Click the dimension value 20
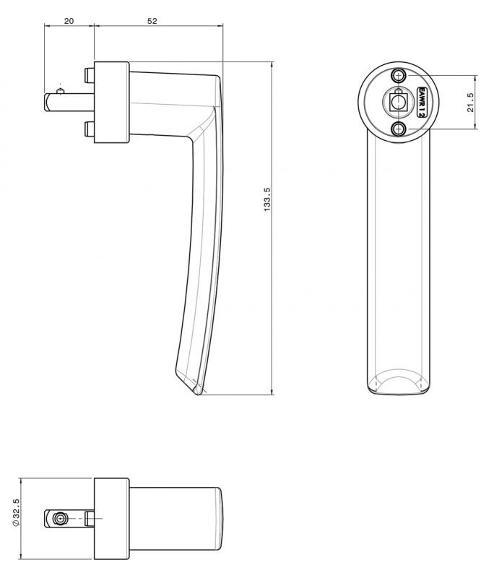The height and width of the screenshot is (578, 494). [69, 21]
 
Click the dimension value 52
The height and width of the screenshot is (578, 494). [152, 21]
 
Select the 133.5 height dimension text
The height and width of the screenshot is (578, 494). [266, 199]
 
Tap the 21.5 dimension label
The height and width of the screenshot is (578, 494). [470, 102]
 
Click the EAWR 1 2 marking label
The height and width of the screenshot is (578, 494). [422, 102]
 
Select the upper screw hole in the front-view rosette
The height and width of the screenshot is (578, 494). [397, 76]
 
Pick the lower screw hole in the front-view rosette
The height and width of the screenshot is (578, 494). [397, 129]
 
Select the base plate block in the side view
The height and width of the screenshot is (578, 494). [111, 101]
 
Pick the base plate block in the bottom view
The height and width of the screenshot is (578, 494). [111, 518]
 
